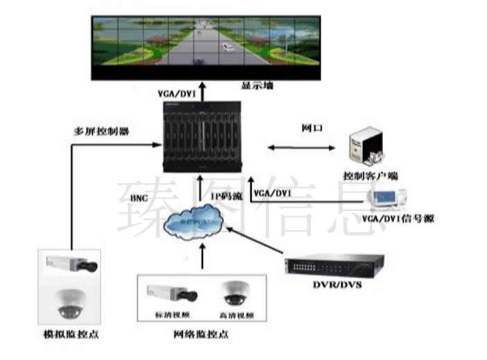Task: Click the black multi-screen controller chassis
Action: pyautogui.click(x=205, y=137)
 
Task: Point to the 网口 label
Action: pyautogui.click(x=309, y=128)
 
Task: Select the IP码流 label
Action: pyautogui.click(x=226, y=197)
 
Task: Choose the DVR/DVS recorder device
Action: pyautogui.click(x=335, y=264)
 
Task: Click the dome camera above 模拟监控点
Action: pyautogui.click(x=71, y=302)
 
